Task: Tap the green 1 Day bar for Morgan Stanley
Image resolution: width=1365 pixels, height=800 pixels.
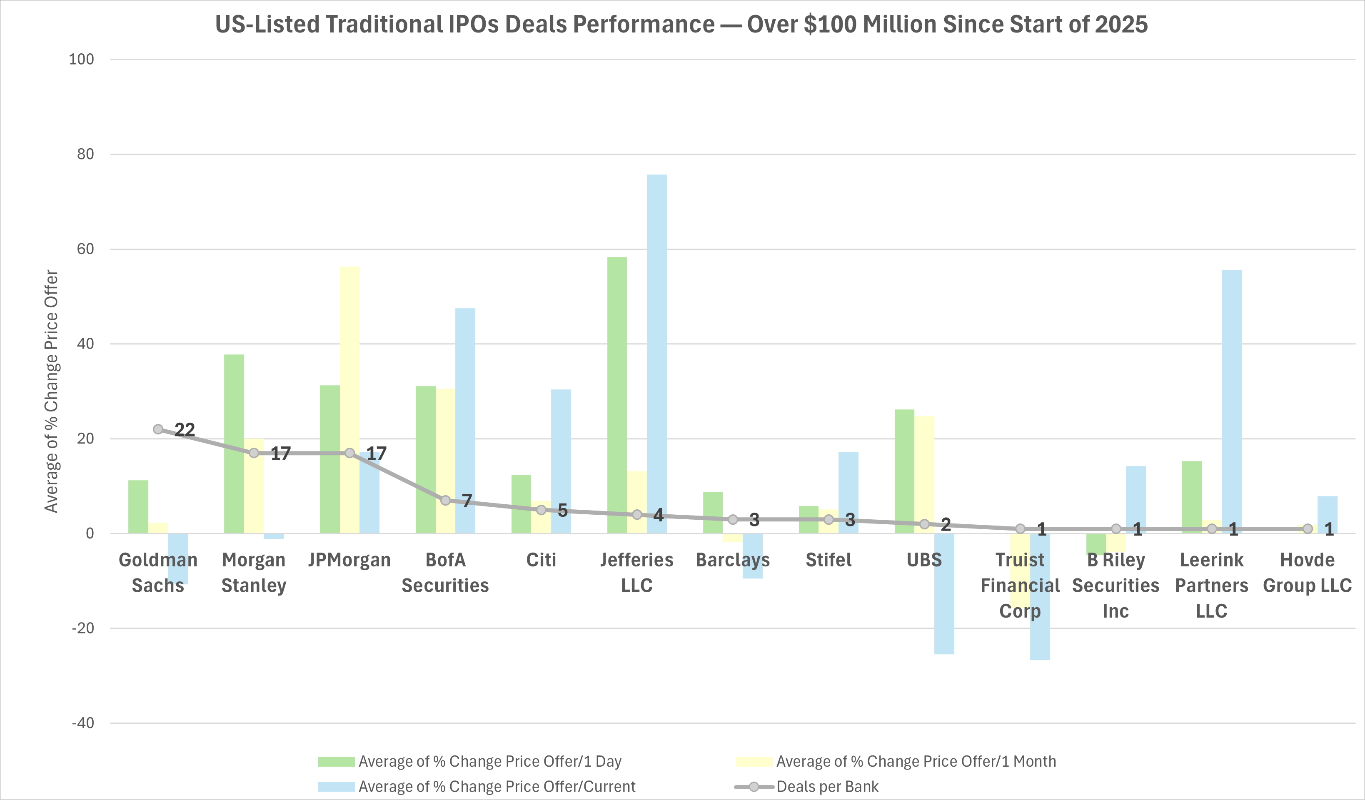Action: pos(234,444)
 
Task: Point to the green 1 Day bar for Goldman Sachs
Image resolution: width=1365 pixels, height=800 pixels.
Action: pos(138,506)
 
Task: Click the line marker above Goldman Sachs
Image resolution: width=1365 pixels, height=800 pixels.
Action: pos(158,429)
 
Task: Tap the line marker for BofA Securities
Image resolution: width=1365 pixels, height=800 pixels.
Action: pos(445,500)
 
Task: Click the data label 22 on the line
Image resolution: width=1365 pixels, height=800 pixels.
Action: pos(185,429)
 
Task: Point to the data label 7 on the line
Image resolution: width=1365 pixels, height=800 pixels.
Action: pos(467,500)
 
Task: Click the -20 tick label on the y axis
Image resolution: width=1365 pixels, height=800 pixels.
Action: pos(82,628)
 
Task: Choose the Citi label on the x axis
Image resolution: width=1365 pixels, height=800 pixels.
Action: pos(541,560)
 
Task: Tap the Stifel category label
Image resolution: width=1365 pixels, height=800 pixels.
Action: pos(828,560)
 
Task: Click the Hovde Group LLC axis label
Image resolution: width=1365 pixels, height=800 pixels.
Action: pos(1307,573)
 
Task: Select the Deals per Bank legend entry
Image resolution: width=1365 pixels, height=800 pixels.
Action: pos(827,786)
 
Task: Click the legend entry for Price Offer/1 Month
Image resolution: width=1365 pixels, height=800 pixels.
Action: pos(916,762)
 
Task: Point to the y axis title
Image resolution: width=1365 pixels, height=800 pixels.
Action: pos(52,391)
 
